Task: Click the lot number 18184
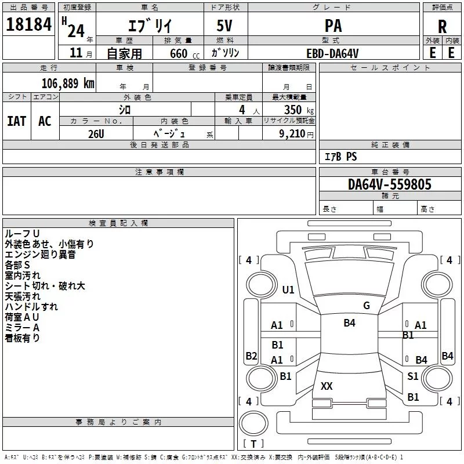click(x=28, y=24)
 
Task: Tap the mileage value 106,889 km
click(x=68, y=84)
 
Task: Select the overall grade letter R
click(x=442, y=27)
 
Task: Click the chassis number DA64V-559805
click(x=389, y=184)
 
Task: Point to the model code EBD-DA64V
click(x=332, y=53)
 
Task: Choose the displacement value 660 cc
click(x=184, y=53)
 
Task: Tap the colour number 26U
click(x=96, y=134)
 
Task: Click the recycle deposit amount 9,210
click(x=292, y=134)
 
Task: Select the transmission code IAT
click(x=17, y=121)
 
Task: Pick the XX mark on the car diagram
click(x=327, y=386)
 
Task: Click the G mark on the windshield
click(x=367, y=305)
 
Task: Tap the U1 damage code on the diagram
click(x=288, y=289)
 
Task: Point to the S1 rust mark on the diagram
click(x=412, y=376)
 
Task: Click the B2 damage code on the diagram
click(x=251, y=356)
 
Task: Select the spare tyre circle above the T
click(x=253, y=423)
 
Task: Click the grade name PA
click(x=333, y=26)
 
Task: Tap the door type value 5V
click(x=224, y=26)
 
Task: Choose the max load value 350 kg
click(x=299, y=110)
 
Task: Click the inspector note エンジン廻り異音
click(x=40, y=254)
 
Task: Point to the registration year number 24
click(x=76, y=31)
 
